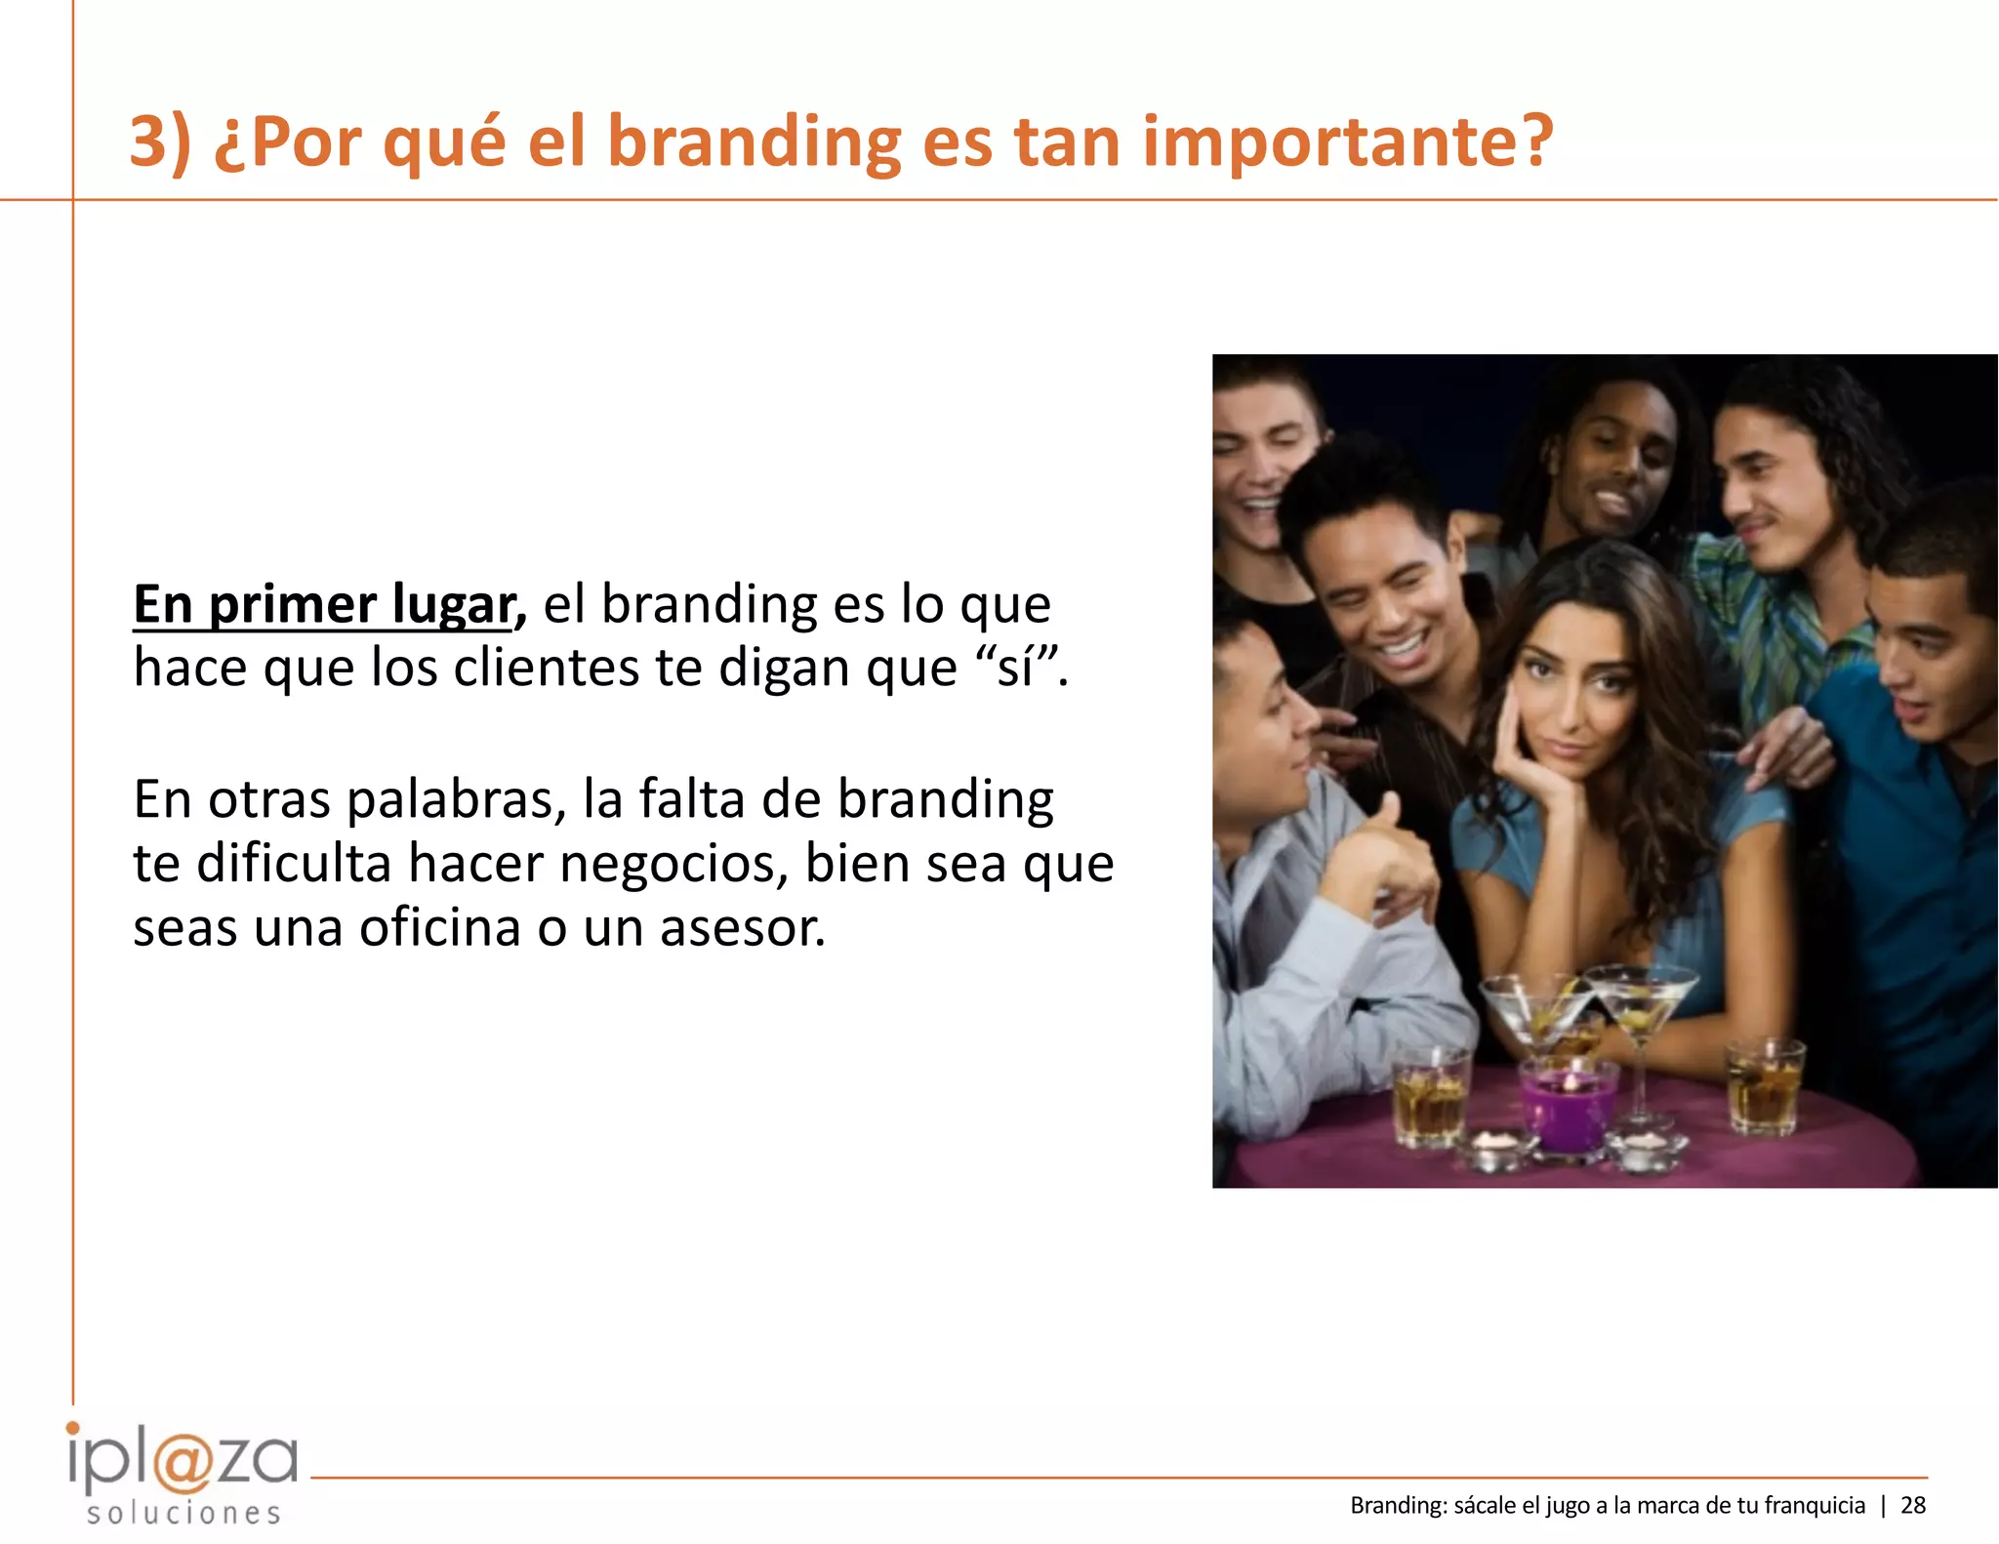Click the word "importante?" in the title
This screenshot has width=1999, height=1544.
(x=1347, y=142)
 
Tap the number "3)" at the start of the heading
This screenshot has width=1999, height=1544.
(x=161, y=142)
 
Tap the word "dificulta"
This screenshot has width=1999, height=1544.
(x=293, y=864)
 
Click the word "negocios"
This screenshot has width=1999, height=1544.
(x=673, y=866)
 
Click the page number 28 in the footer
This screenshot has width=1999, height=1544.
(x=1913, y=1505)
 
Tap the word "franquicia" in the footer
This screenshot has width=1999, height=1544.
(x=1815, y=1505)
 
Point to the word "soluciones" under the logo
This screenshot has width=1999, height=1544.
(x=184, y=1514)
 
